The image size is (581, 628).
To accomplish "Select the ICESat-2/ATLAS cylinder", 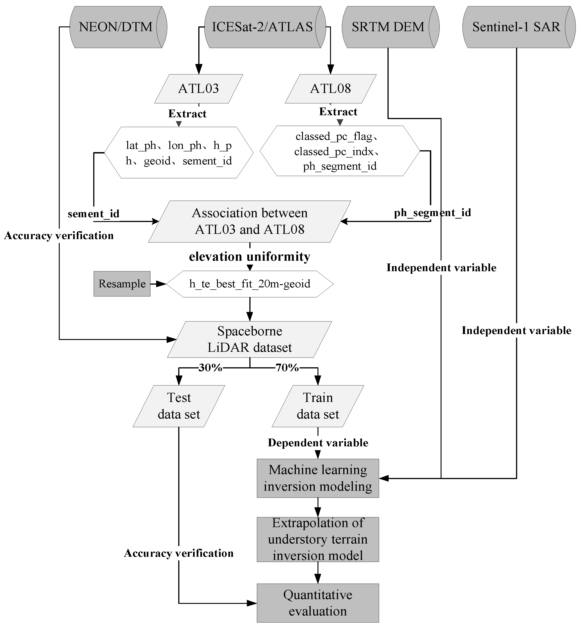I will [263, 27].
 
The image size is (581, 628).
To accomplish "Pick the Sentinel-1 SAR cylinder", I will [516, 27].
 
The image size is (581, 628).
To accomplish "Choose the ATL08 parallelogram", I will [331, 89].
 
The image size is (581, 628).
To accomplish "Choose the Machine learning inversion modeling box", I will [318, 478].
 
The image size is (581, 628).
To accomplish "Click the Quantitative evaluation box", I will [318, 603].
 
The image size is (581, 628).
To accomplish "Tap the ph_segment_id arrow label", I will [432, 213].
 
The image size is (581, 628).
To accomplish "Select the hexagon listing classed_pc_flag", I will [340, 151].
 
